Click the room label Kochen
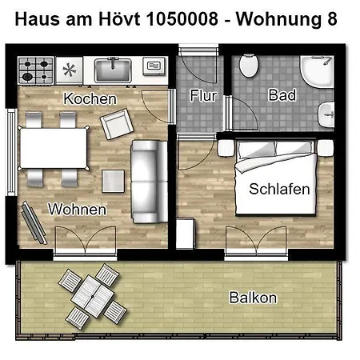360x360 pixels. pyautogui.click(x=90, y=98)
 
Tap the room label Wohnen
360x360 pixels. pyautogui.click(x=78, y=209)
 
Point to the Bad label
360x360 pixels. pyautogui.click(x=282, y=95)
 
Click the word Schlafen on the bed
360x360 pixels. pyautogui.click(x=279, y=190)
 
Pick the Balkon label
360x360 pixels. pyautogui.click(x=253, y=298)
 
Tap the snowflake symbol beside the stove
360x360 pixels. pyautogui.click(x=70, y=70)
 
